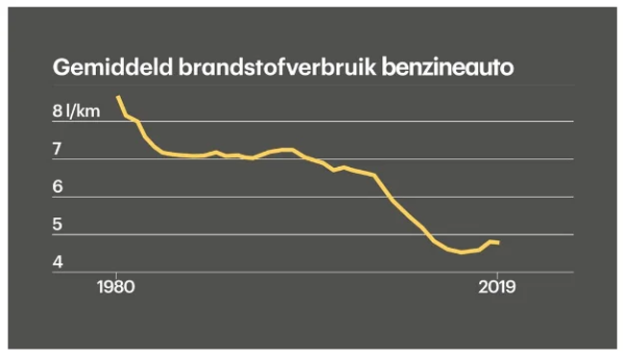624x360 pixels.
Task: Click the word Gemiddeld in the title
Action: [112, 67]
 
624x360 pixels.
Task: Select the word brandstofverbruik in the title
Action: [277, 67]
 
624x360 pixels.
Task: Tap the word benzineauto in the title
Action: [447, 67]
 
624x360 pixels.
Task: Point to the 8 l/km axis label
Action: [76, 111]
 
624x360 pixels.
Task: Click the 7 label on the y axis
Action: [57, 149]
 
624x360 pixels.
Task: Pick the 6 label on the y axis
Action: [58, 186]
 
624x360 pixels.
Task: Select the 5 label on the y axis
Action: [58, 225]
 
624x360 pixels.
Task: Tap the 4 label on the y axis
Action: [58, 262]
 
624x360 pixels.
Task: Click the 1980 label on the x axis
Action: [116, 287]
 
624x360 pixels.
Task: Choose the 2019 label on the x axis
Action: [497, 287]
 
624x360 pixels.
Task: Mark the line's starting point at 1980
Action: [118, 97]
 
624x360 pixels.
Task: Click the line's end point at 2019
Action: [498, 242]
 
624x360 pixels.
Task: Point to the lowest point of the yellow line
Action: [462, 252]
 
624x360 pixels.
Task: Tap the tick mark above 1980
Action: [116, 275]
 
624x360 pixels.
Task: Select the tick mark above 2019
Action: [497, 275]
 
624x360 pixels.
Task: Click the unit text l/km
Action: [84, 111]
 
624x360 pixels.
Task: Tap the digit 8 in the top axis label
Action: [58, 111]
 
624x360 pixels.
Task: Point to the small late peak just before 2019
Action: [491, 242]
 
